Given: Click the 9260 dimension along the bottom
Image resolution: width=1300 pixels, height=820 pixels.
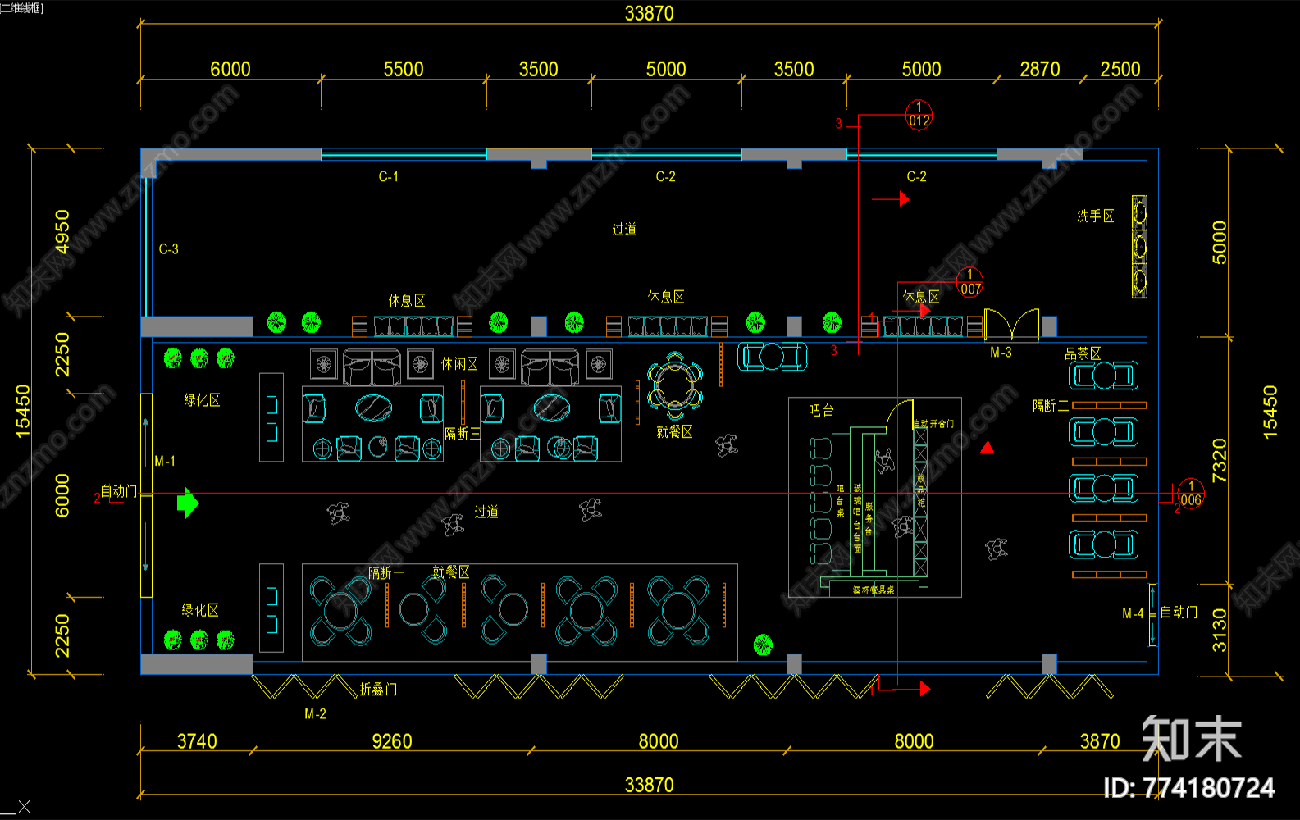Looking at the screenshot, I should coord(392,741).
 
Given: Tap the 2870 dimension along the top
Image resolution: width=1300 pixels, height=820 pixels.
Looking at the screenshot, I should coord(1039,70).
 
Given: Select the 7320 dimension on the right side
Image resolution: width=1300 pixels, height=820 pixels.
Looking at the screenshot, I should coord(1220,460).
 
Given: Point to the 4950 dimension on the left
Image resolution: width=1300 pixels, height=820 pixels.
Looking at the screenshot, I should coord(62,232).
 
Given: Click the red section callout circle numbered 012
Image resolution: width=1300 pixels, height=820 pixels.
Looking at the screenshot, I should coord(919,116).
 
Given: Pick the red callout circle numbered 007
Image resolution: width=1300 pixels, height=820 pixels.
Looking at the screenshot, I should coord(969,283).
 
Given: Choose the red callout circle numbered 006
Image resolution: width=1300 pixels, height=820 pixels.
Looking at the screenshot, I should coord(1190,494).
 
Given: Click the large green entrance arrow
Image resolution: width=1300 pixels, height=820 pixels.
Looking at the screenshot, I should coord(188,503).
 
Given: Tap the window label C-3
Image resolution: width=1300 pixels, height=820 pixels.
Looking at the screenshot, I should coord(168,249).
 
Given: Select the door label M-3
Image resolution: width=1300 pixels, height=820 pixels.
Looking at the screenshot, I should coord(1001,353).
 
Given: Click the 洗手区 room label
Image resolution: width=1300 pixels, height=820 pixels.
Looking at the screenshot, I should coord(1095,216).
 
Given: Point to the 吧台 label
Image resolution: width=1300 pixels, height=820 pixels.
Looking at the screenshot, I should coord(821,410).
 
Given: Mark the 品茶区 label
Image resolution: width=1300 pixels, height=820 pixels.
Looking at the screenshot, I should coord(1083,353).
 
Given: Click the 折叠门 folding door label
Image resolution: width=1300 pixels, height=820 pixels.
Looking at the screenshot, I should coord(378,690).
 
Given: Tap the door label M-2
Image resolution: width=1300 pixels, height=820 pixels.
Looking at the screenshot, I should coord(315,714).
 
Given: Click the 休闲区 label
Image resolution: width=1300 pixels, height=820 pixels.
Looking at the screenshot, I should coord(459,364).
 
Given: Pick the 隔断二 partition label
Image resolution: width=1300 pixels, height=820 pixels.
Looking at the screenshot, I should coord(1051,406).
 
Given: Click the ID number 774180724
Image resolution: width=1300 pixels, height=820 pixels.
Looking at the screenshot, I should coord(1189,788).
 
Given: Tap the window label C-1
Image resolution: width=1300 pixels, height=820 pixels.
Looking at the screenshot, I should coord(388,176).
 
